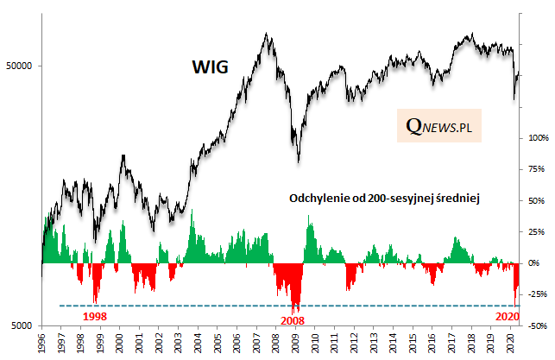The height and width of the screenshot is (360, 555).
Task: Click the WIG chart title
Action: coord(210,67)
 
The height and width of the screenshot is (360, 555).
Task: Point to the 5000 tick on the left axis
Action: coord(22,326)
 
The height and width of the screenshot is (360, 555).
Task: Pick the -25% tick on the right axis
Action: coord(538,294)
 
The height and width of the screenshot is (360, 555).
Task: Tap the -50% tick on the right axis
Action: coord(538,325)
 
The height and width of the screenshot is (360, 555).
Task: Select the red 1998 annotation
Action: coord(94,316)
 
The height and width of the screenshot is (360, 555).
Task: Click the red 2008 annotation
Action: coord(293,320)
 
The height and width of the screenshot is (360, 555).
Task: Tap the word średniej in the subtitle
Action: coord(457,198)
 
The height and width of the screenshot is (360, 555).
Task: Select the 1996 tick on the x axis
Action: coord(41,343)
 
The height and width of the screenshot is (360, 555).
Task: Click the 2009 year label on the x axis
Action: coord(296,343)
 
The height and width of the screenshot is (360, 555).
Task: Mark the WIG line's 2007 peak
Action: coord(267,35)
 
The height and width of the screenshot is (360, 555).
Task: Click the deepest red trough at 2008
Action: coord(295,312)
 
